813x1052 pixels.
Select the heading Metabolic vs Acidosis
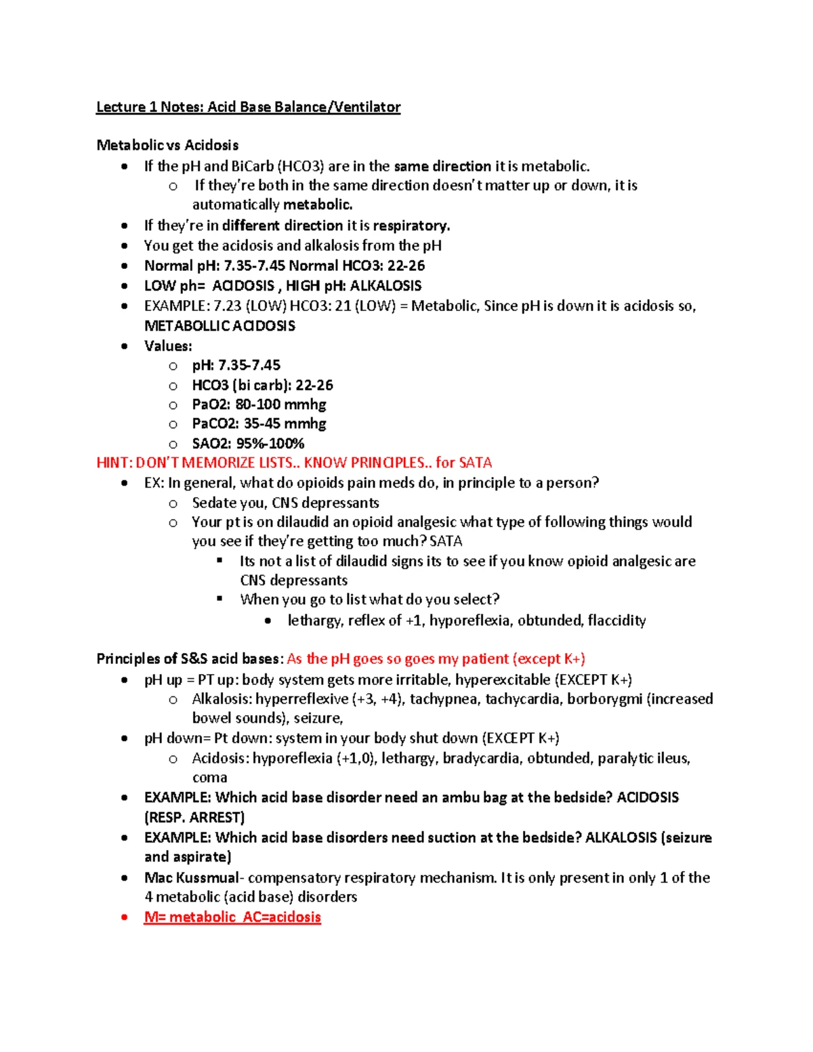point(167,145)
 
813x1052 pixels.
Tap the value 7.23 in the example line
point(227,306)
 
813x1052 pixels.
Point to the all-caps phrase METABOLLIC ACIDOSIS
point(220,326)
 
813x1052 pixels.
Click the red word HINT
point(113,463)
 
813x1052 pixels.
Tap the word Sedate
point(213,503)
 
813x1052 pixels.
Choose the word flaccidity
point(617,620)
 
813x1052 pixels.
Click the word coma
point(209,778)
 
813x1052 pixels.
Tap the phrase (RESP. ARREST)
point(194,817)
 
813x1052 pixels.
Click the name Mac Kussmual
point(191,878)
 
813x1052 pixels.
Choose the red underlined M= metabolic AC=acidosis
point(232,917)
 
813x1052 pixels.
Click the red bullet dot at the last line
point(124,917)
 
